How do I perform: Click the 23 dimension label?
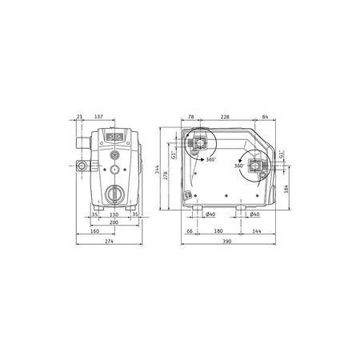click(80, 117)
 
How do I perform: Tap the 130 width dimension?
click(114, 214)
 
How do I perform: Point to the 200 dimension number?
click(114, 223)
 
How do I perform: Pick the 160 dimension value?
click(95, 232)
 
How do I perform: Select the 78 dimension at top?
click(190, 117)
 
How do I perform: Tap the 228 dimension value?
click(227, 117)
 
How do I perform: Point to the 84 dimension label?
click(264, 117)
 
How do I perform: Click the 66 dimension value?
click(190, 232)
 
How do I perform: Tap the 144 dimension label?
click(256, 232)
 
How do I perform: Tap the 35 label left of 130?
click(94, 214)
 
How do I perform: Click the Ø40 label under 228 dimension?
click(210, 214)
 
